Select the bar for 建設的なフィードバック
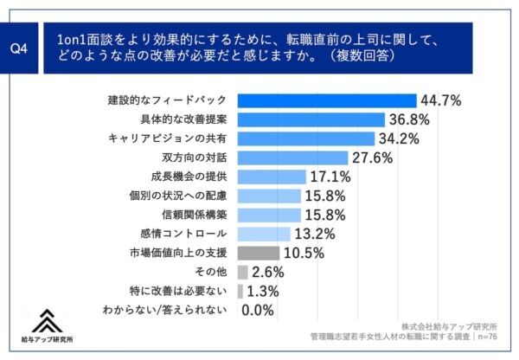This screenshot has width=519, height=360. (326, 100)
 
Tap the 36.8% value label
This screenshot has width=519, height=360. (407, 119)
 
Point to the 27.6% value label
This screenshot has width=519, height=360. (373, 157)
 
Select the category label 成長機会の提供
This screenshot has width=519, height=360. (188, 177)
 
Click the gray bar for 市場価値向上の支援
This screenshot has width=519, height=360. (258, 253)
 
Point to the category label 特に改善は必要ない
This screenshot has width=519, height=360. (181, 291)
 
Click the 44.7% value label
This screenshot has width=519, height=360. (442, 100)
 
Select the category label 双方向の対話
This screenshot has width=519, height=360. (195, 157)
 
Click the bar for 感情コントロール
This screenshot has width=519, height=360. (263, 234)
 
